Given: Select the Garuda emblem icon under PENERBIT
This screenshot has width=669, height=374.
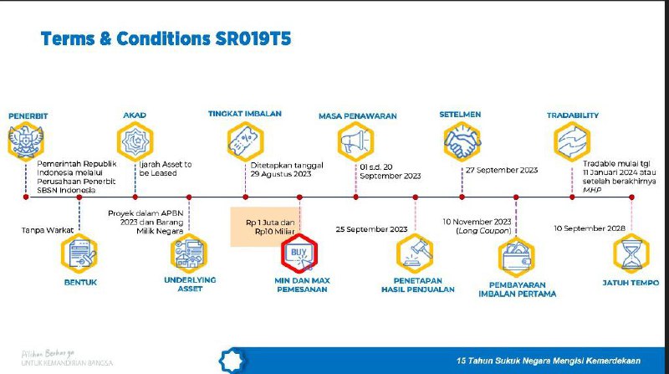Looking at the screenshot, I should (24, 141).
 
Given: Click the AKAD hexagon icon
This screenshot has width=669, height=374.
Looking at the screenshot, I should (135, 139).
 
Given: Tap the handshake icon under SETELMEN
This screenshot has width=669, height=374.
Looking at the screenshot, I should (462, 139).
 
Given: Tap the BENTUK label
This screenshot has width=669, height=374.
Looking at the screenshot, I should (80, 283).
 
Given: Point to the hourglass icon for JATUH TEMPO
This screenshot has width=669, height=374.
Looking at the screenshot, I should (631, 253).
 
